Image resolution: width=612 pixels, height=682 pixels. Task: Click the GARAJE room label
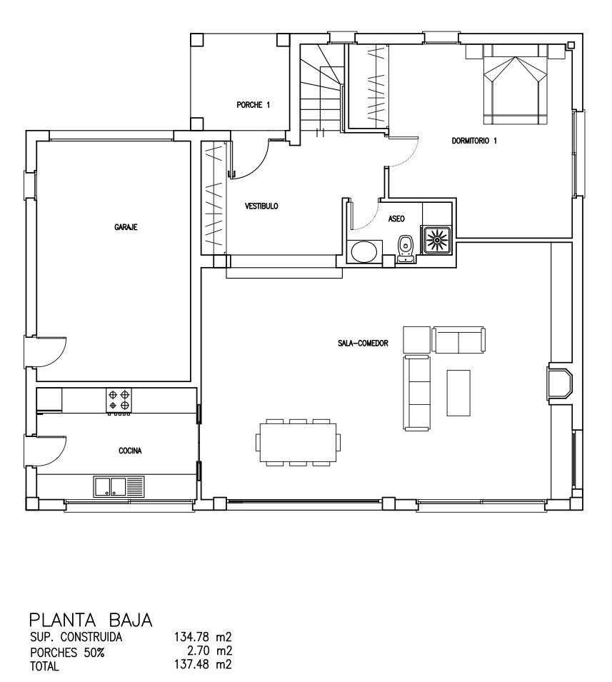pyautogui.click(x=126, y=227)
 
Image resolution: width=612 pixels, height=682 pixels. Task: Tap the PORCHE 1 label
pyautogui.click(x=253, y=105)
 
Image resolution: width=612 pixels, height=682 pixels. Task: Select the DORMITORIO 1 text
pyautogui.click(x=474, y=141)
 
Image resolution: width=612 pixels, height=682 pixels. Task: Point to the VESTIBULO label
pyautogui.click(x=261, y=206)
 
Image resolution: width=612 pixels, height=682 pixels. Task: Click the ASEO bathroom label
pyautogui.click(x=396, y=219)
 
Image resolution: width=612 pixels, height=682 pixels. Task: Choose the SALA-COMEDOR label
pyautogui.click(x=363, y=343)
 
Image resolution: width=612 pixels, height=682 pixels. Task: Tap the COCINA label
pyautogui.click(x=130, y=451)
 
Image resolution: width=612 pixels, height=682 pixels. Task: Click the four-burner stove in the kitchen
pyautogui.click(x=119, y=401)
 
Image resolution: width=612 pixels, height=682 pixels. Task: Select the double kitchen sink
pyautogui.click(x=119, y=487)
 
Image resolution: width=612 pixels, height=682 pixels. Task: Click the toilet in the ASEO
pyautogui.click(x=406, y=249)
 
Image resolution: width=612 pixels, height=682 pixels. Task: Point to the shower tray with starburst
pyautogui.click(x=436, y=239)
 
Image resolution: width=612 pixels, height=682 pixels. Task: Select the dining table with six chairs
pyautogui.click(x=298, y=442)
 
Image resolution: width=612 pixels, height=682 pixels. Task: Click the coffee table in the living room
pyautogui.click(x=458, y=393)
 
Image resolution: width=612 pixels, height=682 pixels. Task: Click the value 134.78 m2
pyautogui.click(x=203, y=637)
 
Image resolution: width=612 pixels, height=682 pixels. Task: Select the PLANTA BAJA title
pyautogui.click(x=91, y=620)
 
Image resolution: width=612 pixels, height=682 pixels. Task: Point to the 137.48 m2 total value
pyautogui.click(x=203, y=665)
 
